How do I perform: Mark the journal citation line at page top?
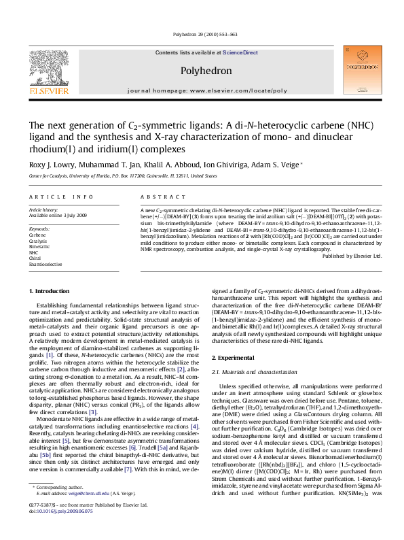pyautogui.click(x=202, y=33)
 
